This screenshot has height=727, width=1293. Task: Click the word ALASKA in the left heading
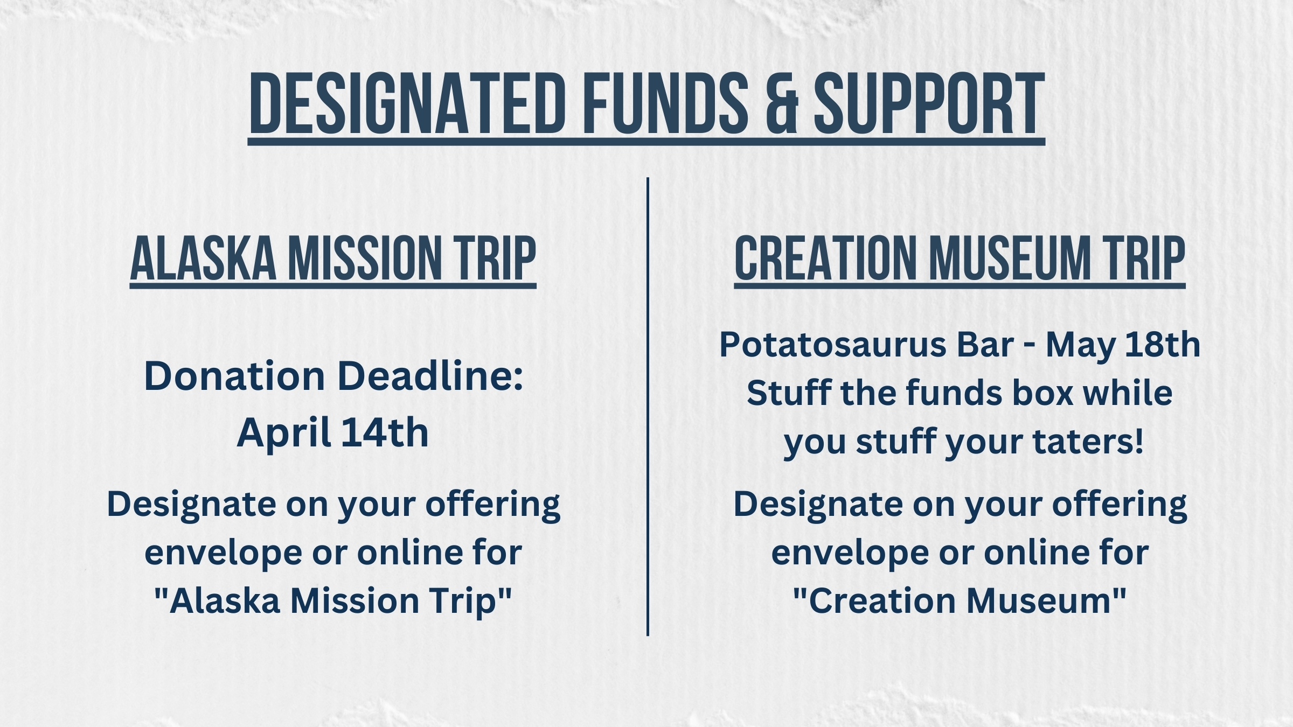pyautogui.click(x=204, y=258)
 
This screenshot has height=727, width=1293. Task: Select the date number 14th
pyautogui.click(x=385, y=432)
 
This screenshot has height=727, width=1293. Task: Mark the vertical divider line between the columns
pyautogui.click(x=648, y=407)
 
